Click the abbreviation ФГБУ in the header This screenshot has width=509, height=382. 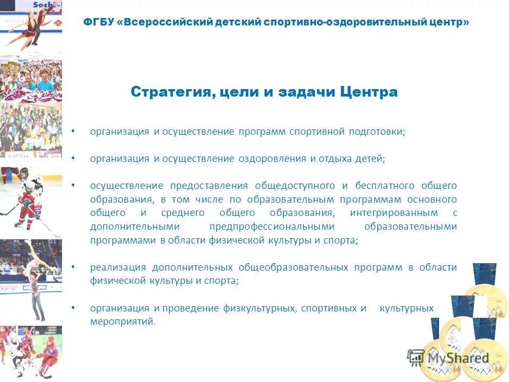click(100, 23)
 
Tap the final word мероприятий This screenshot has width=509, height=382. click(123, 322)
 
